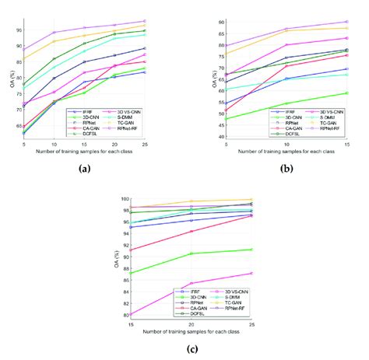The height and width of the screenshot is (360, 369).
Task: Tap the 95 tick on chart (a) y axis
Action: coord(16,30)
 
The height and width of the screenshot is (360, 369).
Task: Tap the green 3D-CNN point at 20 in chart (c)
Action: coord(192,253)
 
